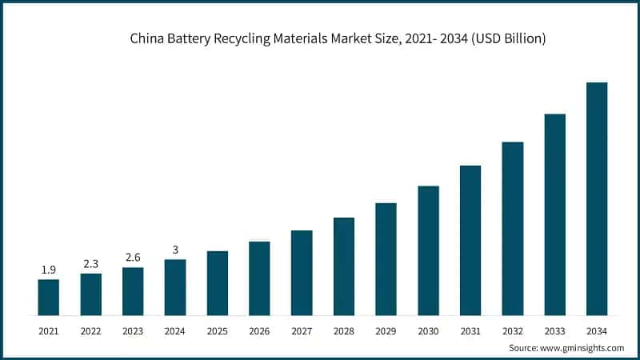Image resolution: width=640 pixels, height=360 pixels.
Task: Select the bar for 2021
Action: [49, 297]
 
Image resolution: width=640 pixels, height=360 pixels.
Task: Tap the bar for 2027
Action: [302, 273]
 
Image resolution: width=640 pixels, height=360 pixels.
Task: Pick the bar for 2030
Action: [428, 250]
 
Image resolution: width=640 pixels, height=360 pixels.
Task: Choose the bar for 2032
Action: [513, 229]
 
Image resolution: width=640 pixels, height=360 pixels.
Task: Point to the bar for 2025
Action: [218, 283]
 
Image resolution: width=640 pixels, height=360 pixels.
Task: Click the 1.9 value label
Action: [49, 270]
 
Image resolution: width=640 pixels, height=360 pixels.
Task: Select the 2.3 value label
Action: [91, 264]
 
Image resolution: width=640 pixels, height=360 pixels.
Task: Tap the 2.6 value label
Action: [133, 258]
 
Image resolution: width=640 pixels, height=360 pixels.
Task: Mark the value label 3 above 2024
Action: [175, 250]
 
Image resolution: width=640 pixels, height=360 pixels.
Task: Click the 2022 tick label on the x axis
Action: [91, 330]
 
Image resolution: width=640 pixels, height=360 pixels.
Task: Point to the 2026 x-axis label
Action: [259, 330]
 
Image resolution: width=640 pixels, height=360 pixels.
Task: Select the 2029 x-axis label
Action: [386, 330]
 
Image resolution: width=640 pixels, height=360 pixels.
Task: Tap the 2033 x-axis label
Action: [554, 330]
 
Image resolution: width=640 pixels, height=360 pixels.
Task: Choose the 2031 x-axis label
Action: [470, 330]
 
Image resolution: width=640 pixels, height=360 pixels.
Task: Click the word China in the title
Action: [147, 38]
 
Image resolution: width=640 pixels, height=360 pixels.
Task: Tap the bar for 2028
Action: [344, 266]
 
